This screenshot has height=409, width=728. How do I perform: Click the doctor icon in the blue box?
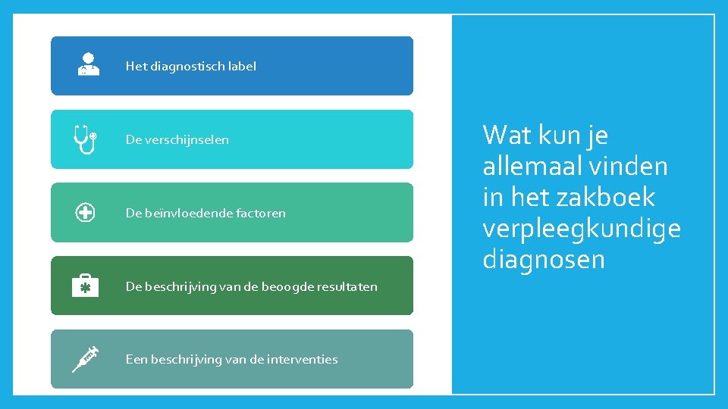(88, 64)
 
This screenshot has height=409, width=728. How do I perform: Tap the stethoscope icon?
(84, 139)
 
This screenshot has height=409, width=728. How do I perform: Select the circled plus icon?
(85, 213)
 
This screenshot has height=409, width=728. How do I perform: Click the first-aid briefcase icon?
(85, 286)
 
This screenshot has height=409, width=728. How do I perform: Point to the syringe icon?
(86, 358)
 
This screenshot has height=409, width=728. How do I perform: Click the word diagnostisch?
(187, 66)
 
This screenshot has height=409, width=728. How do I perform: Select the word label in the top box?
(242, 66)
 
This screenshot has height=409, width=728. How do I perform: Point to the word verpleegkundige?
(582, 229)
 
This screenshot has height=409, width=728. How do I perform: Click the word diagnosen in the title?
(544, 260)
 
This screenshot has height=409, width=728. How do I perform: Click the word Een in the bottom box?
(136, 359)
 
